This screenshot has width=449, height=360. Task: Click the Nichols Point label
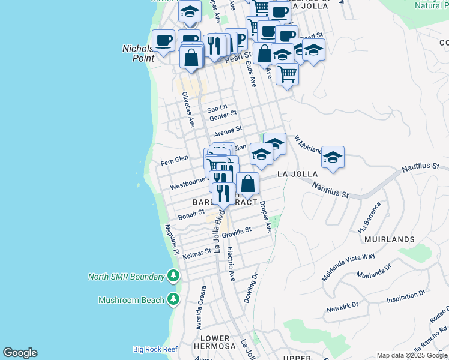pos(139,53)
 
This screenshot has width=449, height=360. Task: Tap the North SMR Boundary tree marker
pos(173,276)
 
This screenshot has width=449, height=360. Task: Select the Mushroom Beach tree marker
pos(173,299)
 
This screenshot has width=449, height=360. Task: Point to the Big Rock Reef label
pos(155,349)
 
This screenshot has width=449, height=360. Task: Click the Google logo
pos(20,353)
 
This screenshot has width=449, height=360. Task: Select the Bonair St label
pos(191,215)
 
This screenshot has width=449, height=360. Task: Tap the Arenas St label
pos(228,129)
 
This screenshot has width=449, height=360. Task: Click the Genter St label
pos(223,113)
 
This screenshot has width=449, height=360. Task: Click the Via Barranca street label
pos(369,217)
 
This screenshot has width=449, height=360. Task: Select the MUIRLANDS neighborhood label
pos(389,239)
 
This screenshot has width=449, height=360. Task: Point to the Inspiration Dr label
pos(406,296)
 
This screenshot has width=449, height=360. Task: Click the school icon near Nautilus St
pos(333,157)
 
